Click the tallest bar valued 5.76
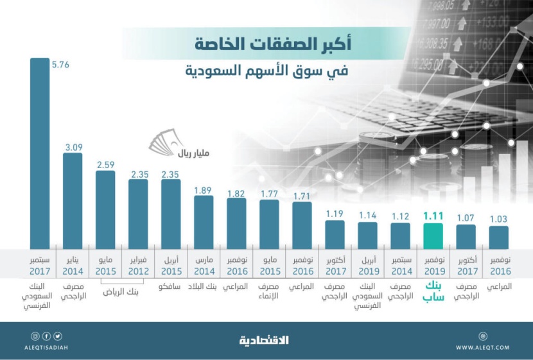click(x=40, y=154)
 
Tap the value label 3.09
click(x=73, y=147)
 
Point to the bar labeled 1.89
click(x=204, y=222)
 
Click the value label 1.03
click(x=498, y=219)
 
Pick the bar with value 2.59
click(x=105, y=209)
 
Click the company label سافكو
click(x=171, y=286)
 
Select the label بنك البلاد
click(x=204, y=286)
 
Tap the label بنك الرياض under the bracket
click(x=122, y=292)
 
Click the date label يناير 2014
click(x=73, y=266)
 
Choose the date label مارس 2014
click(x=204, y=266)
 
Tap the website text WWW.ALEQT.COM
click(x=482, y=347)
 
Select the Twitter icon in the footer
click(x=58, y=336)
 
